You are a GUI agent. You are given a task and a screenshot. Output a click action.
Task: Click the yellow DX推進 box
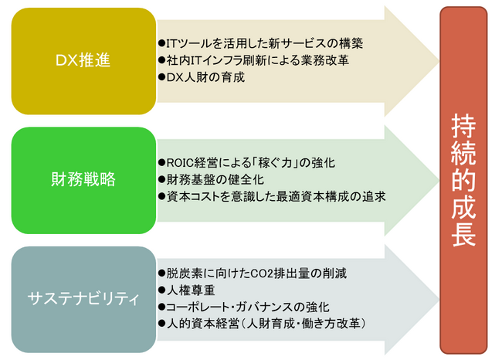pyautogui.click(x=83, y=61)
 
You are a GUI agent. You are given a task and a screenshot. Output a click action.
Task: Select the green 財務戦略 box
pyautogui.click(x=83, y=180)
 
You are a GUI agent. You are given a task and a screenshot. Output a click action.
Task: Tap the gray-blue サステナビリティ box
pyautogui.click(x=83, y=300)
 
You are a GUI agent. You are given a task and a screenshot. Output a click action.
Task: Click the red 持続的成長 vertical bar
pyautogui.click(x=463, y=180)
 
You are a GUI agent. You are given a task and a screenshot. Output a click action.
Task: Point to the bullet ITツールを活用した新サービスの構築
pyautogui.click(x=260, y=43)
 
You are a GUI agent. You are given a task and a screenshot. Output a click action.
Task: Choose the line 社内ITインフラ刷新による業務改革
pyautogui.click(x=253, y=60)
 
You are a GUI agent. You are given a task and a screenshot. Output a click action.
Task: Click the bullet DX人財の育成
pyautogui.click(x=202, y=77)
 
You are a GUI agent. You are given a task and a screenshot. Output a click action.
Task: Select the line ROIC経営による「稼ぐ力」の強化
pyautogui.click(x=246, y=163)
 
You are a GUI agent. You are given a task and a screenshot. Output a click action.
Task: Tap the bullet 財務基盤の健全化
pyautogui.click(x=211, y=180)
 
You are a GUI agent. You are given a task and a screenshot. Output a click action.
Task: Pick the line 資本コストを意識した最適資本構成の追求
pyautogui.click(x=272, y=197)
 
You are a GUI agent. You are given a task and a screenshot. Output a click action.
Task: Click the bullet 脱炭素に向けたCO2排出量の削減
pyautogui.click(x=253, y=273)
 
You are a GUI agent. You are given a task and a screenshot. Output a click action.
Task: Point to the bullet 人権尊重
pyautogui.click(x=186, y=290)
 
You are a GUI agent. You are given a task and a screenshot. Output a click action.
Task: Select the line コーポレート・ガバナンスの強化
pyautogui.click(x=243, y=307)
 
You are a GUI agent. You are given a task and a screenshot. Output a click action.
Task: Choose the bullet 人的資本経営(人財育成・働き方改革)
pyautogui.click(x=263, y=324)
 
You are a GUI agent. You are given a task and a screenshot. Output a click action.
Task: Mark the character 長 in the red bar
pyautogui.click(x=463, y=234)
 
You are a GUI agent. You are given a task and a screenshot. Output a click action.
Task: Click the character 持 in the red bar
pyautogui.click(x=463, y=126)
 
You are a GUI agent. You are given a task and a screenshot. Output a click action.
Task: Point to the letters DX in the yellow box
pyautogui.click(x=66, y=60)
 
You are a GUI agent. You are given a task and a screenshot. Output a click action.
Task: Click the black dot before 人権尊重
pyautogui.click(x=161, y=290)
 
